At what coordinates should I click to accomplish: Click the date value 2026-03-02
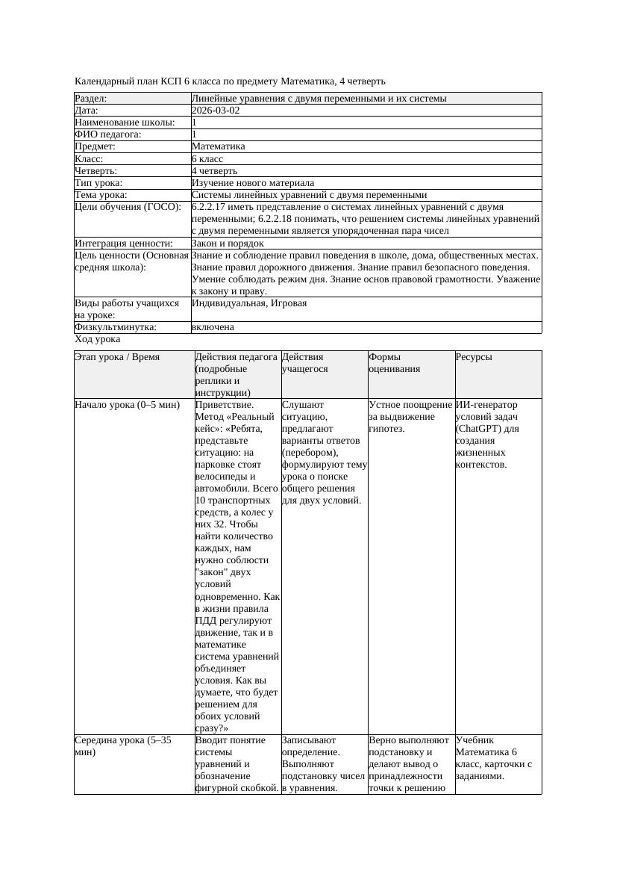(216, 111)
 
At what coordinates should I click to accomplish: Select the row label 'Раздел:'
(91, 99)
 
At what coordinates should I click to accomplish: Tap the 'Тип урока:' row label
(98, 183)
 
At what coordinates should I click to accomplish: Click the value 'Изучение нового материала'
(253, 183)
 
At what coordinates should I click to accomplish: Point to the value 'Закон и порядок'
(228, 244)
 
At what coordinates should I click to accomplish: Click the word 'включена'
(213, 328)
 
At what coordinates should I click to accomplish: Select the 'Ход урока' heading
(97, 339)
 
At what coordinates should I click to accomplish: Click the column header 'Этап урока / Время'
(117, 357)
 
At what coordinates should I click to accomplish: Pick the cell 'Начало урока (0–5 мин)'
(128, 405)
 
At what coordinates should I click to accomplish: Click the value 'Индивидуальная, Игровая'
(249, 304)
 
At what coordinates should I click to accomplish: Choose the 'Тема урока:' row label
(101, 195)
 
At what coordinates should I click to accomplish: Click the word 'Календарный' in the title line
(104, 81)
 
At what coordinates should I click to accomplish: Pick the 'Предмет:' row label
(95, 146)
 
